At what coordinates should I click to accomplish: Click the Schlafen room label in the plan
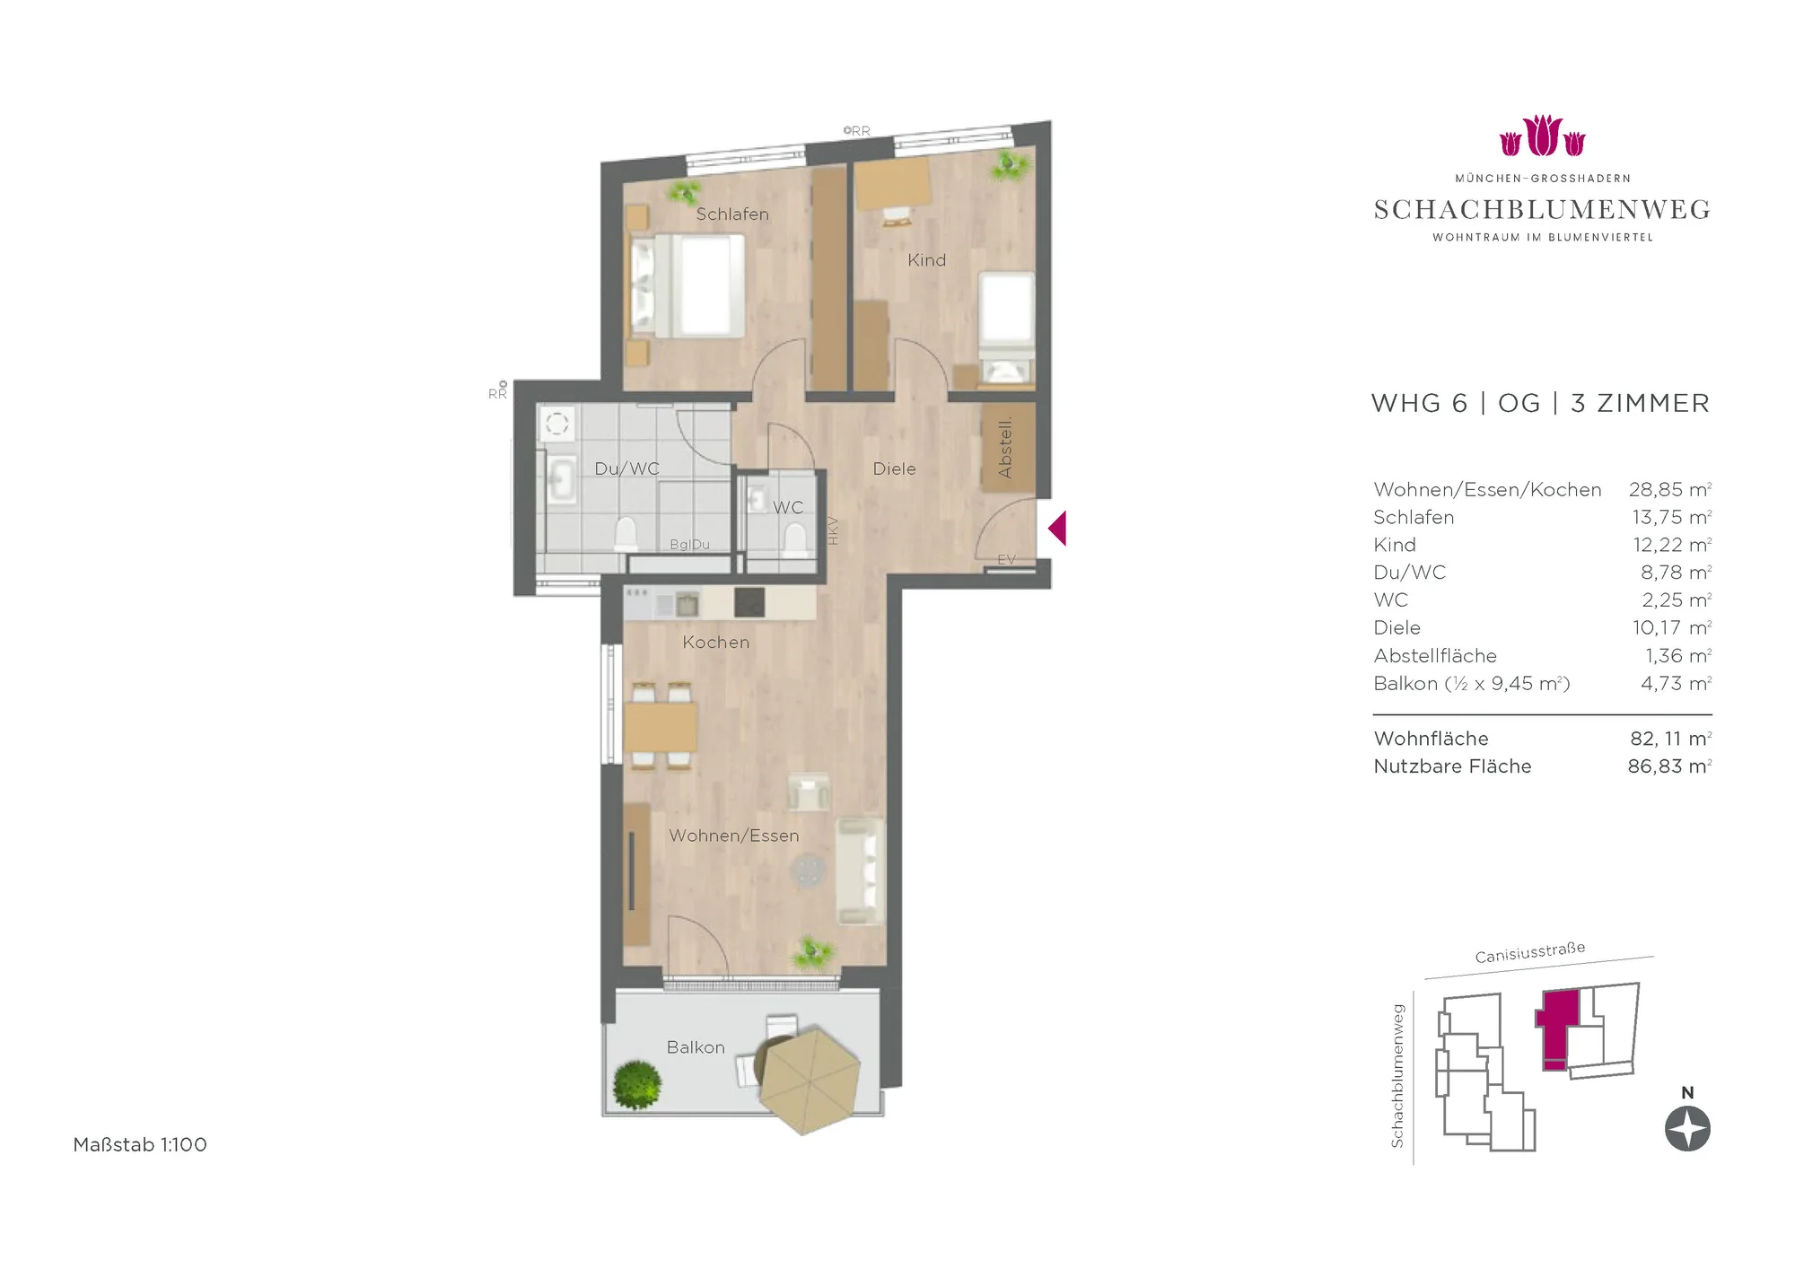pos(732,214)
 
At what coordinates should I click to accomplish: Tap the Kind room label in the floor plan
pos(926,260)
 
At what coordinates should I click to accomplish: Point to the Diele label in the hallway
pos(894,468)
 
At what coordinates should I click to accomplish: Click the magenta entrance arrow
pos(1057,529)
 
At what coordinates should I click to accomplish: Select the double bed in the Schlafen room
pos(687,286)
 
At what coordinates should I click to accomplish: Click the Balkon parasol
pos(810,1081)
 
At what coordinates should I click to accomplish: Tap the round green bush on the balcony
pos(636,1084)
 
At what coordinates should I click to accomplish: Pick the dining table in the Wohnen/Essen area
pos(661,727)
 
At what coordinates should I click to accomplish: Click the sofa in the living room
pos(860,871)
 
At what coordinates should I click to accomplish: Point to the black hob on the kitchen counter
pos(749,602)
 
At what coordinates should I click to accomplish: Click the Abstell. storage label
pos(1005,447)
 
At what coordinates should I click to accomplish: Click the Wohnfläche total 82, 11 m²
pos(1671,739)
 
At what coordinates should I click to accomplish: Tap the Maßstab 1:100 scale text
pos(140,1144)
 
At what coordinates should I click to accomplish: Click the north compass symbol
pos(1687,1129)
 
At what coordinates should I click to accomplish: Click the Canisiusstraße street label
pos(1530,952)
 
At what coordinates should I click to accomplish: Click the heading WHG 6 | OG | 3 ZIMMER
pos(1540,403)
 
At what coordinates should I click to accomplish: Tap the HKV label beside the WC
pos(833,530)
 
